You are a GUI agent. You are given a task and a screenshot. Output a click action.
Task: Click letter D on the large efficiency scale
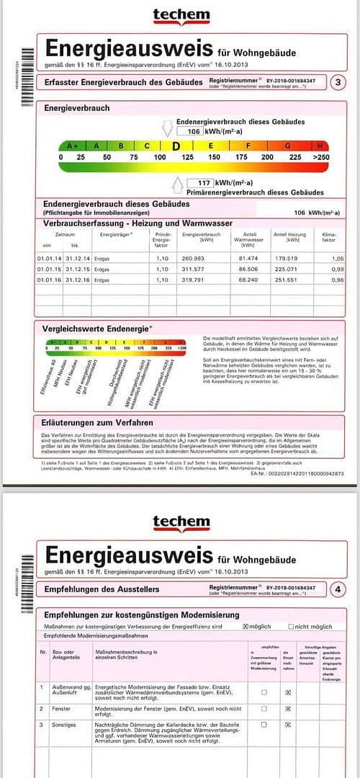[x=175, y=145]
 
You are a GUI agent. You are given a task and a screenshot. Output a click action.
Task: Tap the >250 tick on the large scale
[x=321, y=156]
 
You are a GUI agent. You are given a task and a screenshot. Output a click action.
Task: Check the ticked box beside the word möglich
[x=246, y=626]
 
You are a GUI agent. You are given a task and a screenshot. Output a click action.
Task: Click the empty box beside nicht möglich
[x=291, y=626]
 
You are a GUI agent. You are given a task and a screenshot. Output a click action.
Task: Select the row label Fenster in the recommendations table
[x=62, y=709]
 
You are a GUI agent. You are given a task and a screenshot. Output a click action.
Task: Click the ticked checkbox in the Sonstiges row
[x=288, y=724]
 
